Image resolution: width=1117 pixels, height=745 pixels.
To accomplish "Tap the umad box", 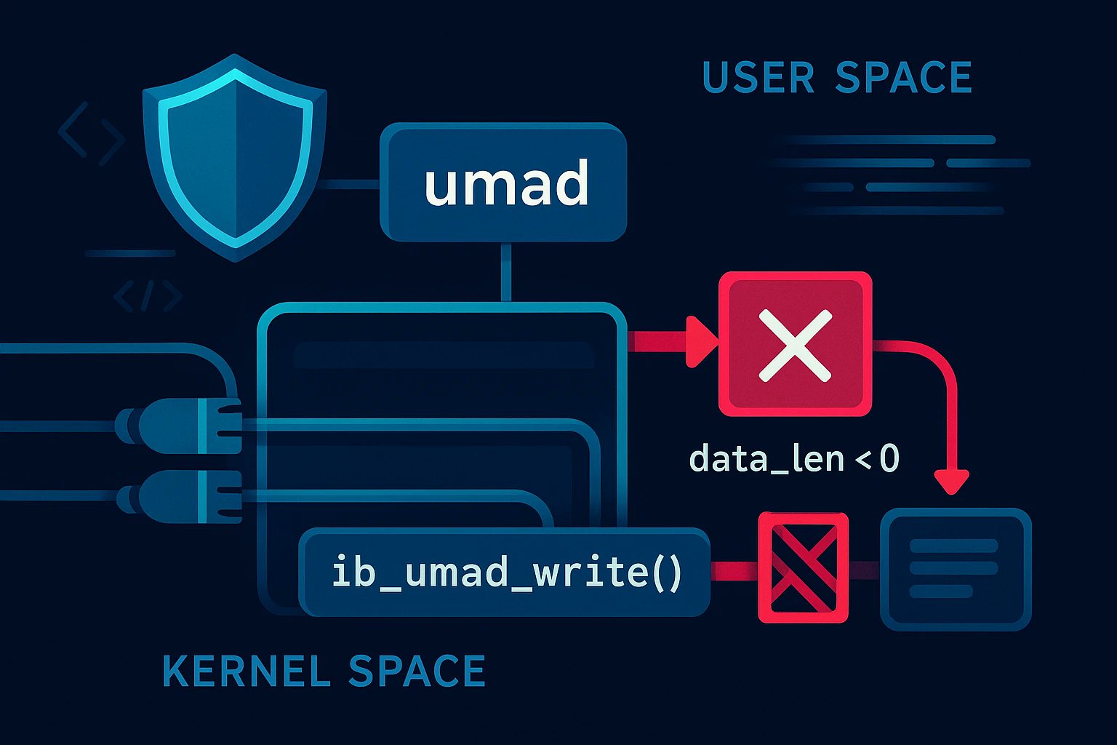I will tap(503, 182).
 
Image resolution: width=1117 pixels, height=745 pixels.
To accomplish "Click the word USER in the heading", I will tap(758, 78).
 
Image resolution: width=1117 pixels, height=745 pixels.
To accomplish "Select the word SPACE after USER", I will tap(903, 78).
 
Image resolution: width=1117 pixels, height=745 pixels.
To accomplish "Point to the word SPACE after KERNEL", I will tap(417, 671).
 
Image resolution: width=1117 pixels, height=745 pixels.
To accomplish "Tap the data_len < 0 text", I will tap(793, 460).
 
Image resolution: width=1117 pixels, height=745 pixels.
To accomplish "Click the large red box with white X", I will tap(794, 344).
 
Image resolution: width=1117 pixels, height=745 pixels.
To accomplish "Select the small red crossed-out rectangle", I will tap(803, 567).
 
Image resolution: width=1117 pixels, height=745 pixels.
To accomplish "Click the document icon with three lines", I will tap(955, 568).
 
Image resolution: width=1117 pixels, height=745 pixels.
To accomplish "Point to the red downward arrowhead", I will tap(951, 482).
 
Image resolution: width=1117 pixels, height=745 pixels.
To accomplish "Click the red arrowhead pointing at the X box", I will tap(700, 341).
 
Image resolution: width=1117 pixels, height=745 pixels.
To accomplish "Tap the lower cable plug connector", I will tap(182, 496).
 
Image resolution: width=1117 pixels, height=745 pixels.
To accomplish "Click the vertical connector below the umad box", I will tap(506, 271).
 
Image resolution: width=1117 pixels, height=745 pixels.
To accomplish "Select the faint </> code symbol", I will tap(148, 297).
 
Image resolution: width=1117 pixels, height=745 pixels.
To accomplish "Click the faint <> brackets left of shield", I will tap(90, 133).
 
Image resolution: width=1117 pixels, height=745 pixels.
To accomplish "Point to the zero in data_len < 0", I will tap(889, 460).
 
